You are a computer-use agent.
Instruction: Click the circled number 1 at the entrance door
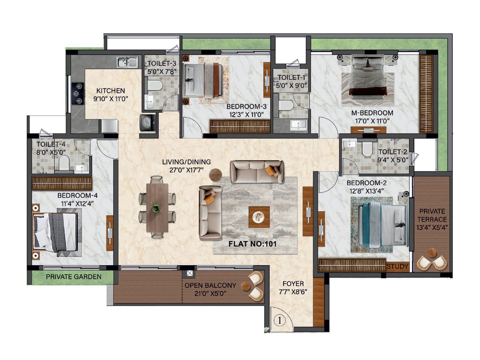280,320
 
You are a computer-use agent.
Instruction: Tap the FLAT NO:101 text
252,244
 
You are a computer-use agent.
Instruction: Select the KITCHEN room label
110,91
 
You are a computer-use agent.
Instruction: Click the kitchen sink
127,62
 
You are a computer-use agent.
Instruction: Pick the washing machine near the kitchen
147,122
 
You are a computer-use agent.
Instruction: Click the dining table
157,208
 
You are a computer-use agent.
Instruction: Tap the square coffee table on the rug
259,217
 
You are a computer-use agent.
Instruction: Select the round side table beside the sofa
215,175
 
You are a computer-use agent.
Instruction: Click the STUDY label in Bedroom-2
397,266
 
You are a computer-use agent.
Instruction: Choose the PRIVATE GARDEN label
73,277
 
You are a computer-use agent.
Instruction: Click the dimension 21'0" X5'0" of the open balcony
210,293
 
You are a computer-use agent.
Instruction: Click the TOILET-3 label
162,63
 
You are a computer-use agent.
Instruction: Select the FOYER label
293,283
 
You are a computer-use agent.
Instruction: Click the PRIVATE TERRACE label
432,215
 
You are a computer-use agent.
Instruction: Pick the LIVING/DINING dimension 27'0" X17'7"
186,170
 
